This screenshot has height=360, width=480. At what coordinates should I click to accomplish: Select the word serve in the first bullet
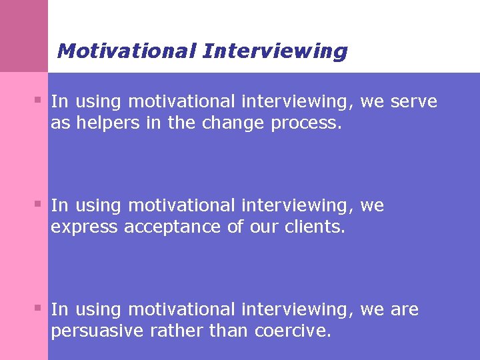(x=414, y=101)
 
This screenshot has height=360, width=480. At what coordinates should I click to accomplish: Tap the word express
(x=85, y=227)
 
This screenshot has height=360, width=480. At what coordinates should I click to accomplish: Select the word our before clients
(x=262, y=227)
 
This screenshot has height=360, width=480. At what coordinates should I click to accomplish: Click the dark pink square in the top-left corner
(x=24, y=35)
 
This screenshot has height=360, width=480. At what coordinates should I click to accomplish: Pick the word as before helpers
(x=60, y=123)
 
